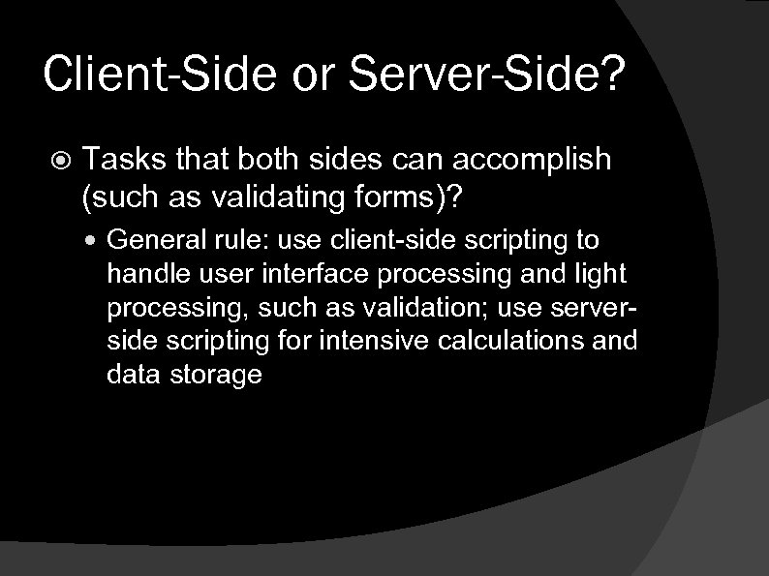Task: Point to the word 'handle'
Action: coord(140,273)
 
